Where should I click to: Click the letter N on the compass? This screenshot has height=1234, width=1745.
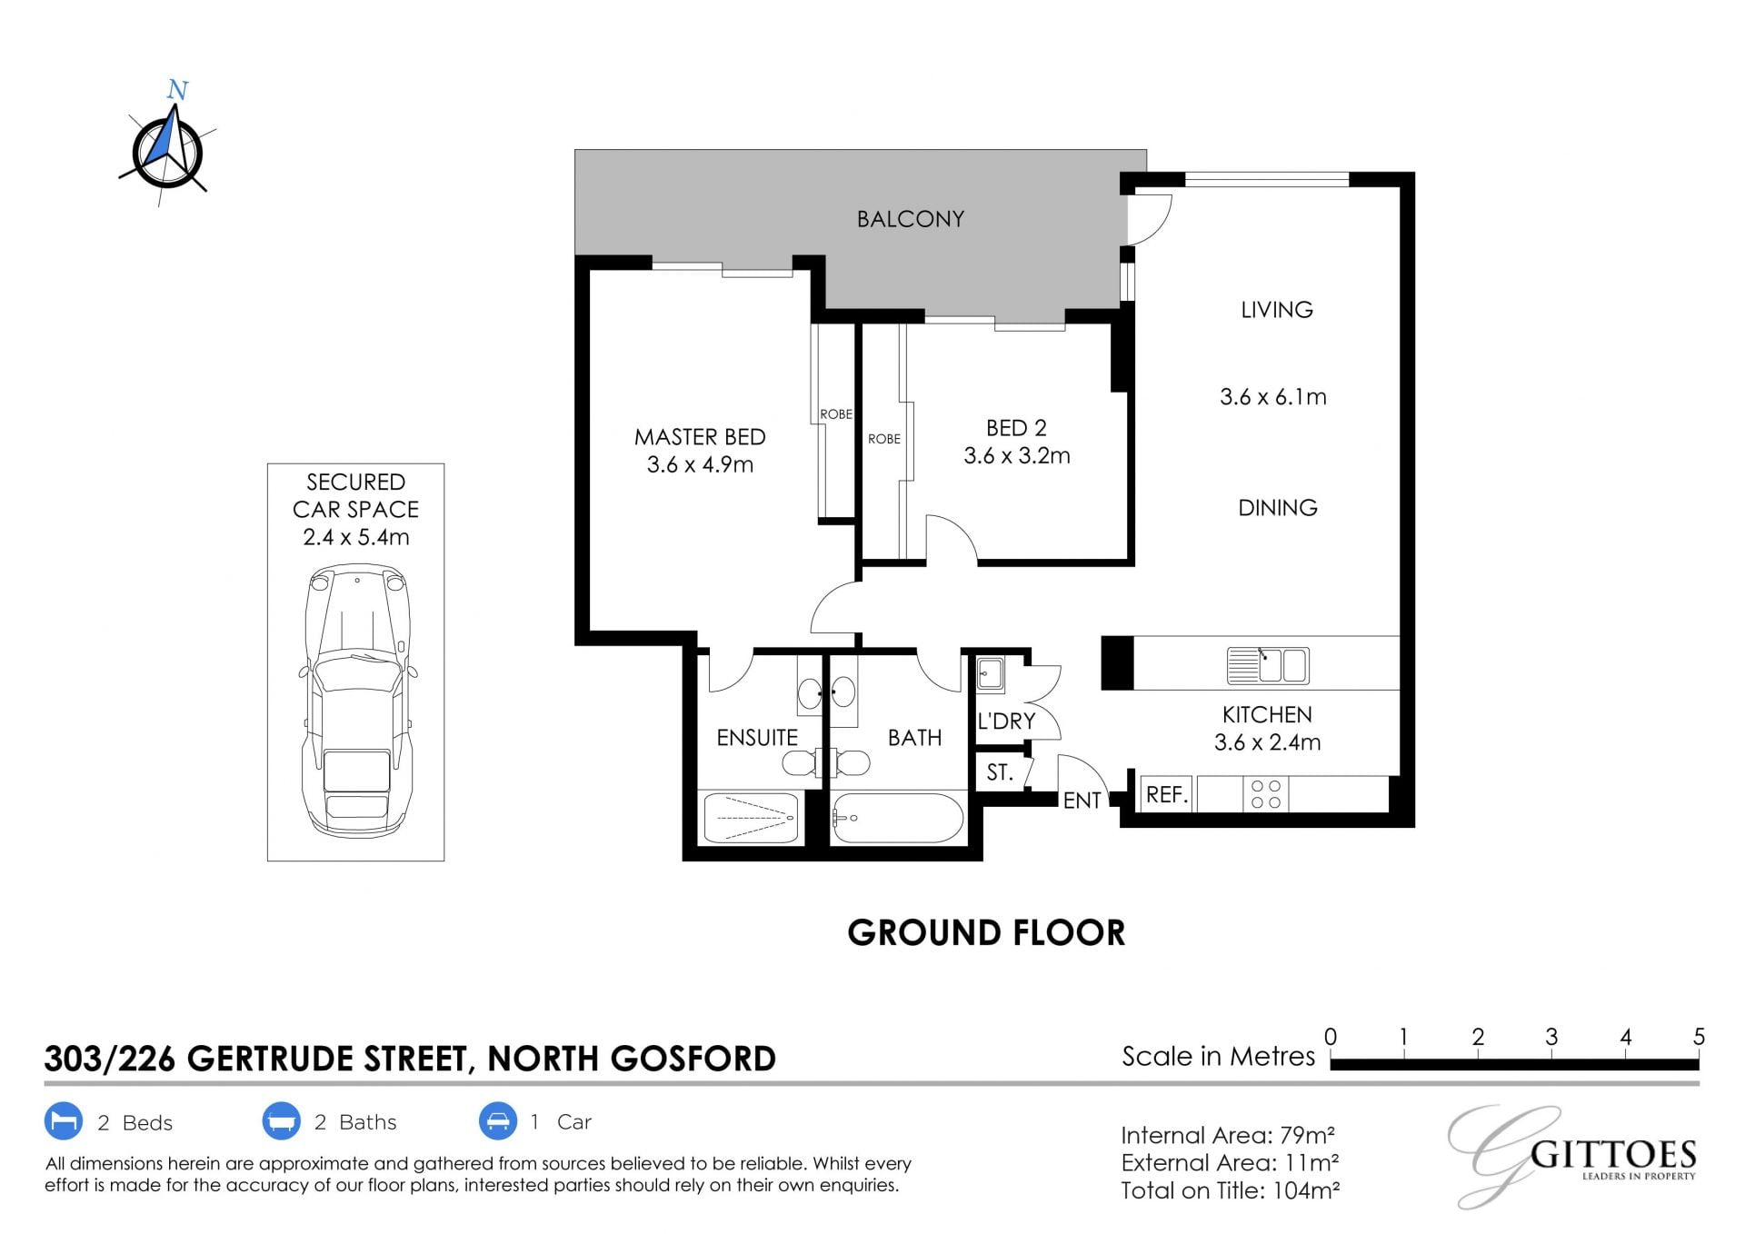pos(177,90)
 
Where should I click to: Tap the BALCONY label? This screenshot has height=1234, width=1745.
pos(910,219)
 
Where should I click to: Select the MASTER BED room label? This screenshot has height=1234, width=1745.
pos(700,437)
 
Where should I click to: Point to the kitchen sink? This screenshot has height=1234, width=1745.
pos(1268,665)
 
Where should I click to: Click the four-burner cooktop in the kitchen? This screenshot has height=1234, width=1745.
pos(1265,794)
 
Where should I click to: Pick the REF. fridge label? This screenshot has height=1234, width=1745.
pos(1167,795)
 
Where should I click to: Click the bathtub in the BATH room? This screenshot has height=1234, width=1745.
pos(898,818)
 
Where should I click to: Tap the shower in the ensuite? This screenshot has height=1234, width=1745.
pos(751,818)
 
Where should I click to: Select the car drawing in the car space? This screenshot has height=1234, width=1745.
pos(358,701)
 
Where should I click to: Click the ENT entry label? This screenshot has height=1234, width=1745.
pos(1082,801)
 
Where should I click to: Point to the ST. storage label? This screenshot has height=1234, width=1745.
pos(1000,772)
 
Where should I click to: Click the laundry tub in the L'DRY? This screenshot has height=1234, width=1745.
pos(991,674)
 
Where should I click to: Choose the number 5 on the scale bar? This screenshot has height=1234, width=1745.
pos(1699,1037)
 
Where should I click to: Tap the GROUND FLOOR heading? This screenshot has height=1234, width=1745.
pos(986,933)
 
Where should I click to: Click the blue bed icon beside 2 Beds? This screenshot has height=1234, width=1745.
pos(64,1121)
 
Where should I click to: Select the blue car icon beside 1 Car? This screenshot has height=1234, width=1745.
pos(498,1121)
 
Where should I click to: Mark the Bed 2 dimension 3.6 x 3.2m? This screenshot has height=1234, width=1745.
pos(1017,456)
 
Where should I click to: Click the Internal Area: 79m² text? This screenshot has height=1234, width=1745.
pos(1228,1136)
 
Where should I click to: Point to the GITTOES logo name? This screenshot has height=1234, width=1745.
pos(1613,1155)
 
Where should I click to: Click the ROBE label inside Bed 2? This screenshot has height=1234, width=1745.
pos(884,439)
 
